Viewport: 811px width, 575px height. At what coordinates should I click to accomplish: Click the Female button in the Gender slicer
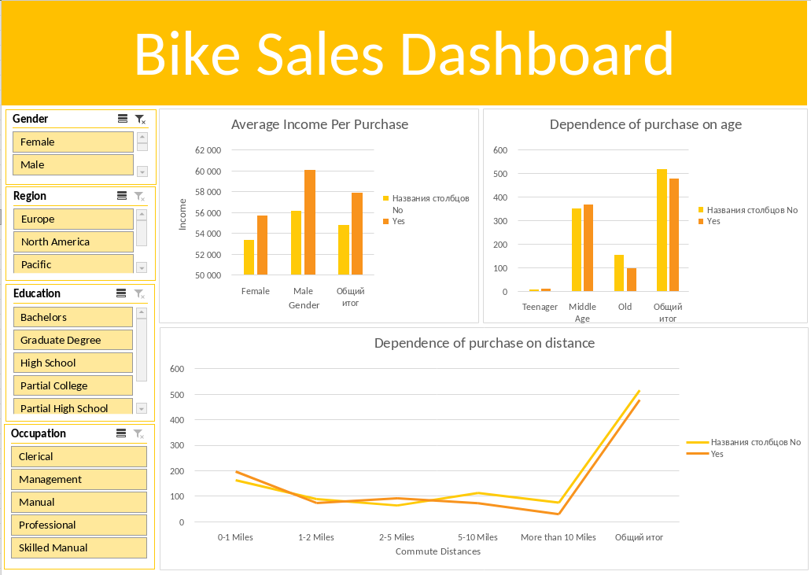pos(72,142)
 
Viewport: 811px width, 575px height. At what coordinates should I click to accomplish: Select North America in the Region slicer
pos(72,242)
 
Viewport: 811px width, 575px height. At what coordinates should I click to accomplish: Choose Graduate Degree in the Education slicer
pos(72,341)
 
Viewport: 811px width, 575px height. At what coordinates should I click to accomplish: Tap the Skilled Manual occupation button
pos(79,548)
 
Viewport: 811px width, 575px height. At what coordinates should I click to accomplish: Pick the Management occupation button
pos(79,480)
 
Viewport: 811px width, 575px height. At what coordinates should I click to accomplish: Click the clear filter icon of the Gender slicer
pos(140,119)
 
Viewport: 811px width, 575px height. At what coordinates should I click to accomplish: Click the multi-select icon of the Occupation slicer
pos(121,433)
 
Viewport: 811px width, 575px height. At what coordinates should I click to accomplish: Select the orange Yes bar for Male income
pos(310,223)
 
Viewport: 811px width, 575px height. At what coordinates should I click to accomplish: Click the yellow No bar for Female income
pos(249,257)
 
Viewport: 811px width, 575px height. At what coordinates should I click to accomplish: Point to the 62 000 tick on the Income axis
pos(208,150)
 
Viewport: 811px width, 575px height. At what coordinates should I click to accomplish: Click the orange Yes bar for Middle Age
pos(588,248)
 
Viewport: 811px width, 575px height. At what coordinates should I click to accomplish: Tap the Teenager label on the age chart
pos(540,308)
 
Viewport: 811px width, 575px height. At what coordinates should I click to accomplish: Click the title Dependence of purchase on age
pos(645,124)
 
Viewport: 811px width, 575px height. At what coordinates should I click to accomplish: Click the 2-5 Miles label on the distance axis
pos(396,538)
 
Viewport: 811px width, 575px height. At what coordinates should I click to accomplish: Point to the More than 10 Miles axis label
pos(558,538)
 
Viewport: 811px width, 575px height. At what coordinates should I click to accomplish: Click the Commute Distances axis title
pos(437,552)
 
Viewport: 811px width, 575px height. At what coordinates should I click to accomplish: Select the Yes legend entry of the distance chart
pos(717,455)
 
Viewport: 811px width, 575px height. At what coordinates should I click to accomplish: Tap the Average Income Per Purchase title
pos(319,124)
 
